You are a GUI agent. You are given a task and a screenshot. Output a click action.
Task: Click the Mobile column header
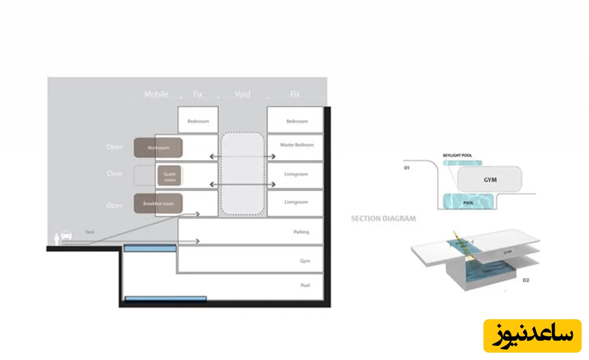click(156, 94)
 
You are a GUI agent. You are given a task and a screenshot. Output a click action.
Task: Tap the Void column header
click(242, 94)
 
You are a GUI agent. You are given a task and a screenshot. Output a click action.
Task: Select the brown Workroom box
click(158, 148)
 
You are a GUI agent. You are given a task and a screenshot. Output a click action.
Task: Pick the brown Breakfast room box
click(158, 203)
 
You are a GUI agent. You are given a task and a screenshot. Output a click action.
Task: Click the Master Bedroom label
click(296, 145)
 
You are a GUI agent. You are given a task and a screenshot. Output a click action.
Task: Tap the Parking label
click(301, 232)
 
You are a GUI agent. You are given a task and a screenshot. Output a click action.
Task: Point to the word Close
click(114, 173)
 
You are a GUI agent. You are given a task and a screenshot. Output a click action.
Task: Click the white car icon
click(67, 237)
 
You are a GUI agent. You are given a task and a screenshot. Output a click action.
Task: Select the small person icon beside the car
click(57, 239)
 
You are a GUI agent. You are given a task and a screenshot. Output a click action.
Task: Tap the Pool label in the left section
click(305, 285)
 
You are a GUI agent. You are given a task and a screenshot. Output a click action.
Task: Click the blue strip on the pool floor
click(165, 298)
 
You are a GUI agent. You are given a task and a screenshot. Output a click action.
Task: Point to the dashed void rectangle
click(242, 174)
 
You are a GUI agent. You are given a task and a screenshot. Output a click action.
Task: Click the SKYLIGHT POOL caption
click(457, 156)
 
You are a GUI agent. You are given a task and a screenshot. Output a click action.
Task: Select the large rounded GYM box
click(489, 180)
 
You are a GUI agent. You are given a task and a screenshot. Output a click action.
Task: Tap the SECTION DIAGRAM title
click(383, 219)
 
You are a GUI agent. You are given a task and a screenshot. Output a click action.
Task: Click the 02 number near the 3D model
click(512, 280)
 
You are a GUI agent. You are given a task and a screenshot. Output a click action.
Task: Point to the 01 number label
click(406, 168)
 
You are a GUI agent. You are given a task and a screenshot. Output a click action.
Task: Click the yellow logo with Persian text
click(532, 335)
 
